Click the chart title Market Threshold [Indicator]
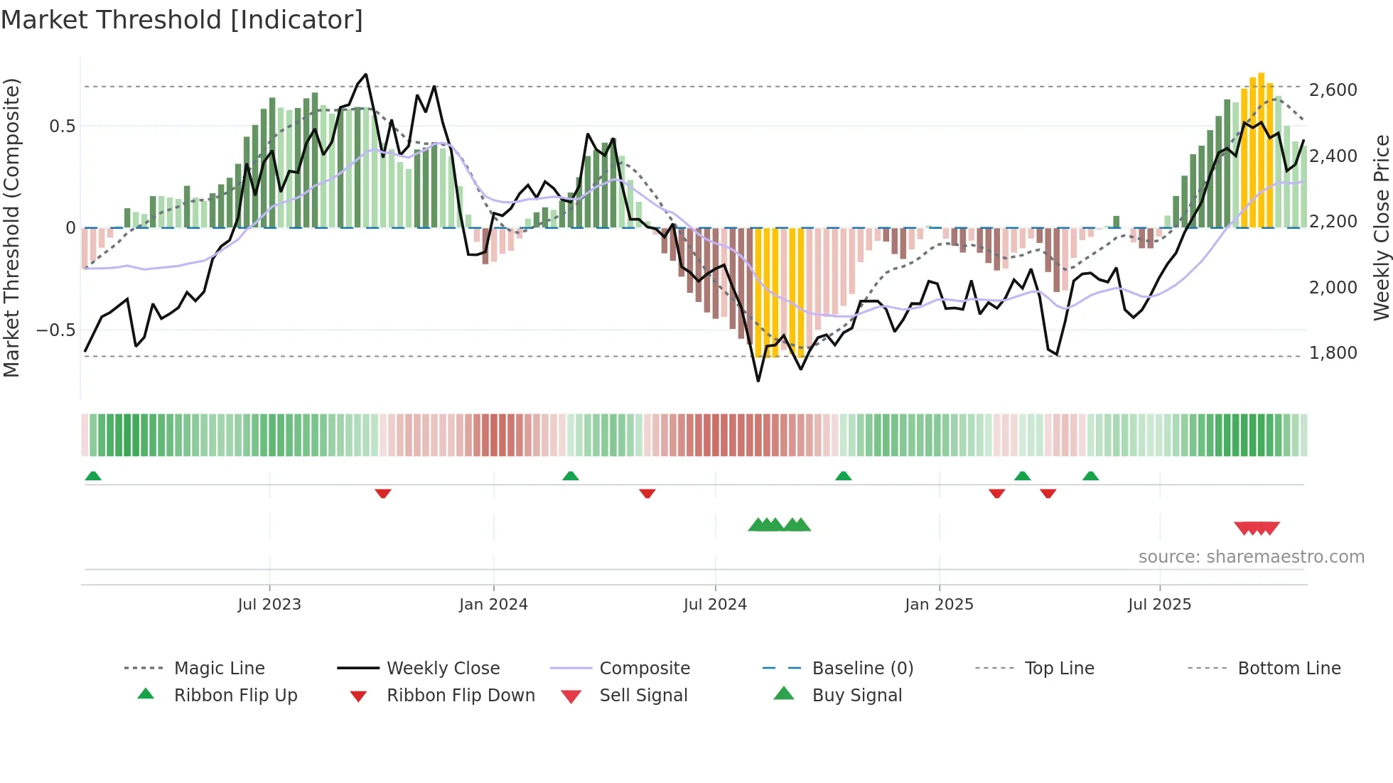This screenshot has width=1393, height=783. [182, 20]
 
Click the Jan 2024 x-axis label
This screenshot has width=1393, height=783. [493, 604]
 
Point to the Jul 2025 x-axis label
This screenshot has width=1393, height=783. [1159, 604]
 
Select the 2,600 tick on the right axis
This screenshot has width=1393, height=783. [1333, 90]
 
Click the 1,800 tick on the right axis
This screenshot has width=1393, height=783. [1333, 353]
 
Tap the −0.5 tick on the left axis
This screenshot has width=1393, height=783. [55, 330]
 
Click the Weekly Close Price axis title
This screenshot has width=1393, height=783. [1381, 227]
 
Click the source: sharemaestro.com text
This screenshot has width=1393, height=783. [1251, 556]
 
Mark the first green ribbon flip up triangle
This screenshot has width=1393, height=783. [93, 476]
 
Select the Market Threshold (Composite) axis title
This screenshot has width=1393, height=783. [11, 227]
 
